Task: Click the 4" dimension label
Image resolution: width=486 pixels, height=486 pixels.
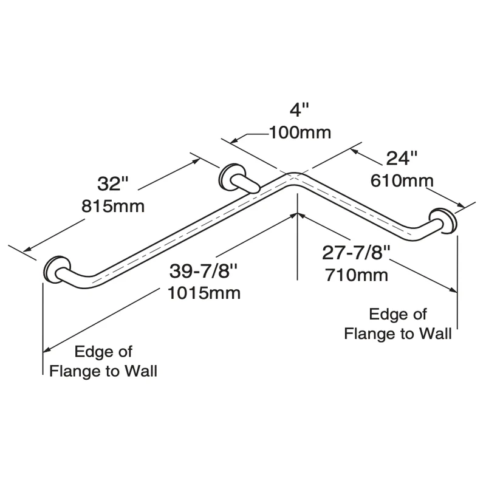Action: [x=299, y=110]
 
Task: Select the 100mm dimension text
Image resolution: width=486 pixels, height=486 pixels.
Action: [x=300, y=132]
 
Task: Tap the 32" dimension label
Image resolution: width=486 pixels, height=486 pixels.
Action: [x=112, y=183]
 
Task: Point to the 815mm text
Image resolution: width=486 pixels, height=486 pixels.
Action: [x=113, y=206]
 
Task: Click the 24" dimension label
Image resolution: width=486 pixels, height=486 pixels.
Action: [x=402, y=158]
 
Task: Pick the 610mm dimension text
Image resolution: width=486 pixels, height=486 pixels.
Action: [x=402, y=180]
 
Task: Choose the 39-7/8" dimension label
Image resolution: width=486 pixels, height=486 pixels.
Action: [x=204, y=271]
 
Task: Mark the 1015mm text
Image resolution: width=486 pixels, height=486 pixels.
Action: [x=204, y=293]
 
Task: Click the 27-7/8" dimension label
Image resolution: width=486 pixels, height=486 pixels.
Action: [x=356, y=253]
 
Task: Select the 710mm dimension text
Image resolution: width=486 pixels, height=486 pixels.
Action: [x=357, y=275]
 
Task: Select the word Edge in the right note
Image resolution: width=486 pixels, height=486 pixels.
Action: [x=383, y=315]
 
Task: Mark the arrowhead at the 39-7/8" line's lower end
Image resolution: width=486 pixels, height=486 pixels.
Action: [x=47, y=349]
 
